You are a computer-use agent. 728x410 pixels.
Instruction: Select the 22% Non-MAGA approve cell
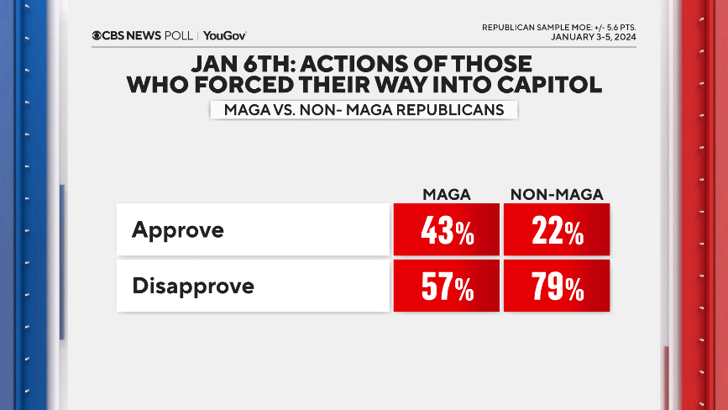coord(557,230)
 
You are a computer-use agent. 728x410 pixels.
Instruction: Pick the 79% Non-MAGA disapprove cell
coord(557,286)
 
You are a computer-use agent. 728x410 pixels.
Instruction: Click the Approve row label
coord(178,229)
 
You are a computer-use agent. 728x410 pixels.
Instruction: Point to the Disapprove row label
coord(193,286)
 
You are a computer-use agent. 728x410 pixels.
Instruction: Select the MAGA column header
coord(446,195)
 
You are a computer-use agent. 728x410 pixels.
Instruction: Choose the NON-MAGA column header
coord(557,195)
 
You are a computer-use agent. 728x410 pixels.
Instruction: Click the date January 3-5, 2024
coord(593,37)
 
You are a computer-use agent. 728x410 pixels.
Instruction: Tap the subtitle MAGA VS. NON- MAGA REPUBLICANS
coord(364,110)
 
